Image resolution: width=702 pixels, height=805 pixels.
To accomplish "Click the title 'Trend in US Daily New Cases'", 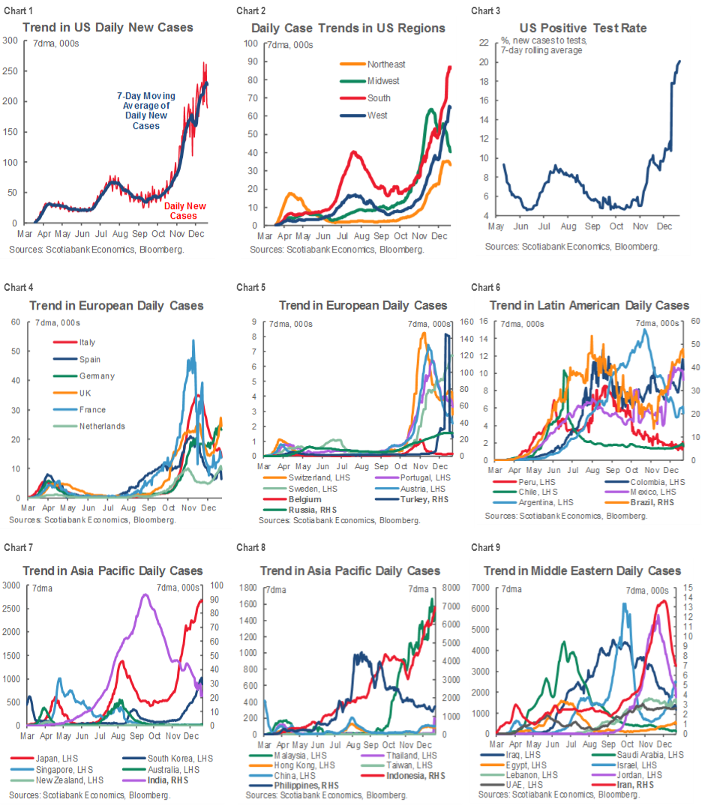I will [x=107, y=28].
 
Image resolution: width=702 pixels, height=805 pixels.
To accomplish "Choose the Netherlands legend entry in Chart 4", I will [x=102, y=426].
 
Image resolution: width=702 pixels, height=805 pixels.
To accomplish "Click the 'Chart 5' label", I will [x=250, y=287].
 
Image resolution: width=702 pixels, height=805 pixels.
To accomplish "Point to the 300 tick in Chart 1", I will [x=10, y=40].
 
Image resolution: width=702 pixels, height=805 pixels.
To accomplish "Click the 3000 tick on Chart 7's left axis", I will [x=13, y=585].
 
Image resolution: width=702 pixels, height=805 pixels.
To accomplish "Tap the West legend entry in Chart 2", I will [x=378, y=115].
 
